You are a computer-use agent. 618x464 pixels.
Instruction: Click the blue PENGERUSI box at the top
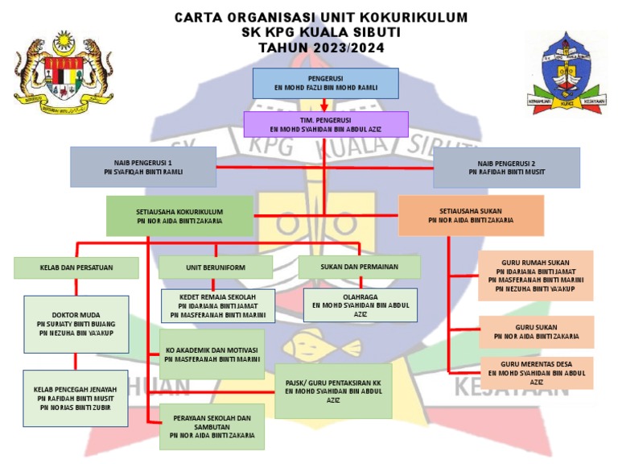tap(325, 83)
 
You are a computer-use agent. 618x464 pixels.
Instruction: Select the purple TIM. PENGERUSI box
tap(325, 123)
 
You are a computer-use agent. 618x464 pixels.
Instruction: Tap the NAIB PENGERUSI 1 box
tap(143, 166)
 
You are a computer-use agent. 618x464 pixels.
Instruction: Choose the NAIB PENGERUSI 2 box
tap(506, 167)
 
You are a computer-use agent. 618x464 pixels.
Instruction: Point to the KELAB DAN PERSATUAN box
tap(76, 267)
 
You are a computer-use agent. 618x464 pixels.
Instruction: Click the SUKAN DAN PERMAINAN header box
tap(358, 267)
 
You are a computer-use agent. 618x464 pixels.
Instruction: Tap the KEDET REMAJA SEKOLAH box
tap(217, 305)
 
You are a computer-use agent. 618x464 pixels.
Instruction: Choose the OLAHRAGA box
tap(360, 305)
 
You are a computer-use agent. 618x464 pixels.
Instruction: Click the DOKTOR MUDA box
tap(76, 324)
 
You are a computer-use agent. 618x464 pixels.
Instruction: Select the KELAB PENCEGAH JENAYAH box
tap(76, 398)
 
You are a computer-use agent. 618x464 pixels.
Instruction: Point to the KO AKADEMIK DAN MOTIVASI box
tap(212, 354)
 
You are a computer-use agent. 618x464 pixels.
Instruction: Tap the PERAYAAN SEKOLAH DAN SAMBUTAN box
tap(212, 426)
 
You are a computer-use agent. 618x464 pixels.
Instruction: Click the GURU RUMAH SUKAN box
tap(535, 275)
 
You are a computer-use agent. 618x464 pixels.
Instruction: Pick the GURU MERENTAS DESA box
tap(535, 373)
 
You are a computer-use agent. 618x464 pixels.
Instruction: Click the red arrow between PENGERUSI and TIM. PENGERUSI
tap(323, 105)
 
